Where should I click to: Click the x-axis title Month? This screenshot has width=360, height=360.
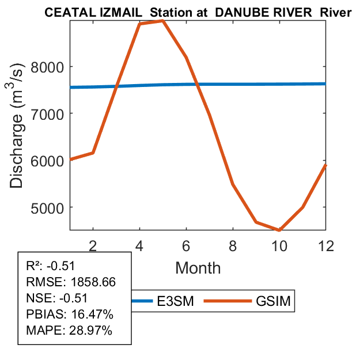pos(198,268)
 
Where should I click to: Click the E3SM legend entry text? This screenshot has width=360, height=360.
pos(177,301)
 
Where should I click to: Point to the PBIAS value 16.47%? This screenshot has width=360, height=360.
pos(90,314)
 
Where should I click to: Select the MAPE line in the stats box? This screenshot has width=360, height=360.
pos(69,331)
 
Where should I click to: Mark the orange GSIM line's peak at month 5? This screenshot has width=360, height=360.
pos(163,21)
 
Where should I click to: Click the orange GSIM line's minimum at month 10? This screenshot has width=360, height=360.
pos(279,230)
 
